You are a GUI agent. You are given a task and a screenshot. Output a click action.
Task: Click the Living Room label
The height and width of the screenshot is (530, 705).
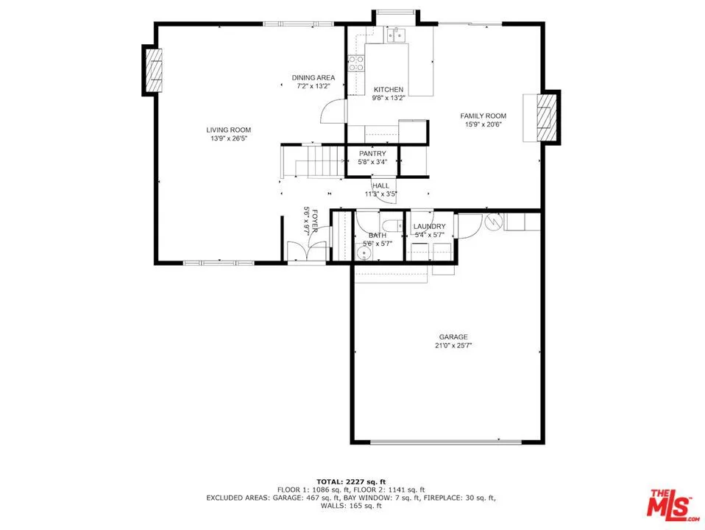228,130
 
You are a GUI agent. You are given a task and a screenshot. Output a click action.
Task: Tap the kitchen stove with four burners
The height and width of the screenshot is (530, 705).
357,64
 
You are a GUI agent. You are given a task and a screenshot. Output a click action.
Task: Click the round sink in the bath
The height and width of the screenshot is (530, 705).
364,253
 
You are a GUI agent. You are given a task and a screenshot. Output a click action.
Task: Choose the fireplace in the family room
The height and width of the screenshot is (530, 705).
546,116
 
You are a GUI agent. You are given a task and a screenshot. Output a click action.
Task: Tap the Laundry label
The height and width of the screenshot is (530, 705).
428,227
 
